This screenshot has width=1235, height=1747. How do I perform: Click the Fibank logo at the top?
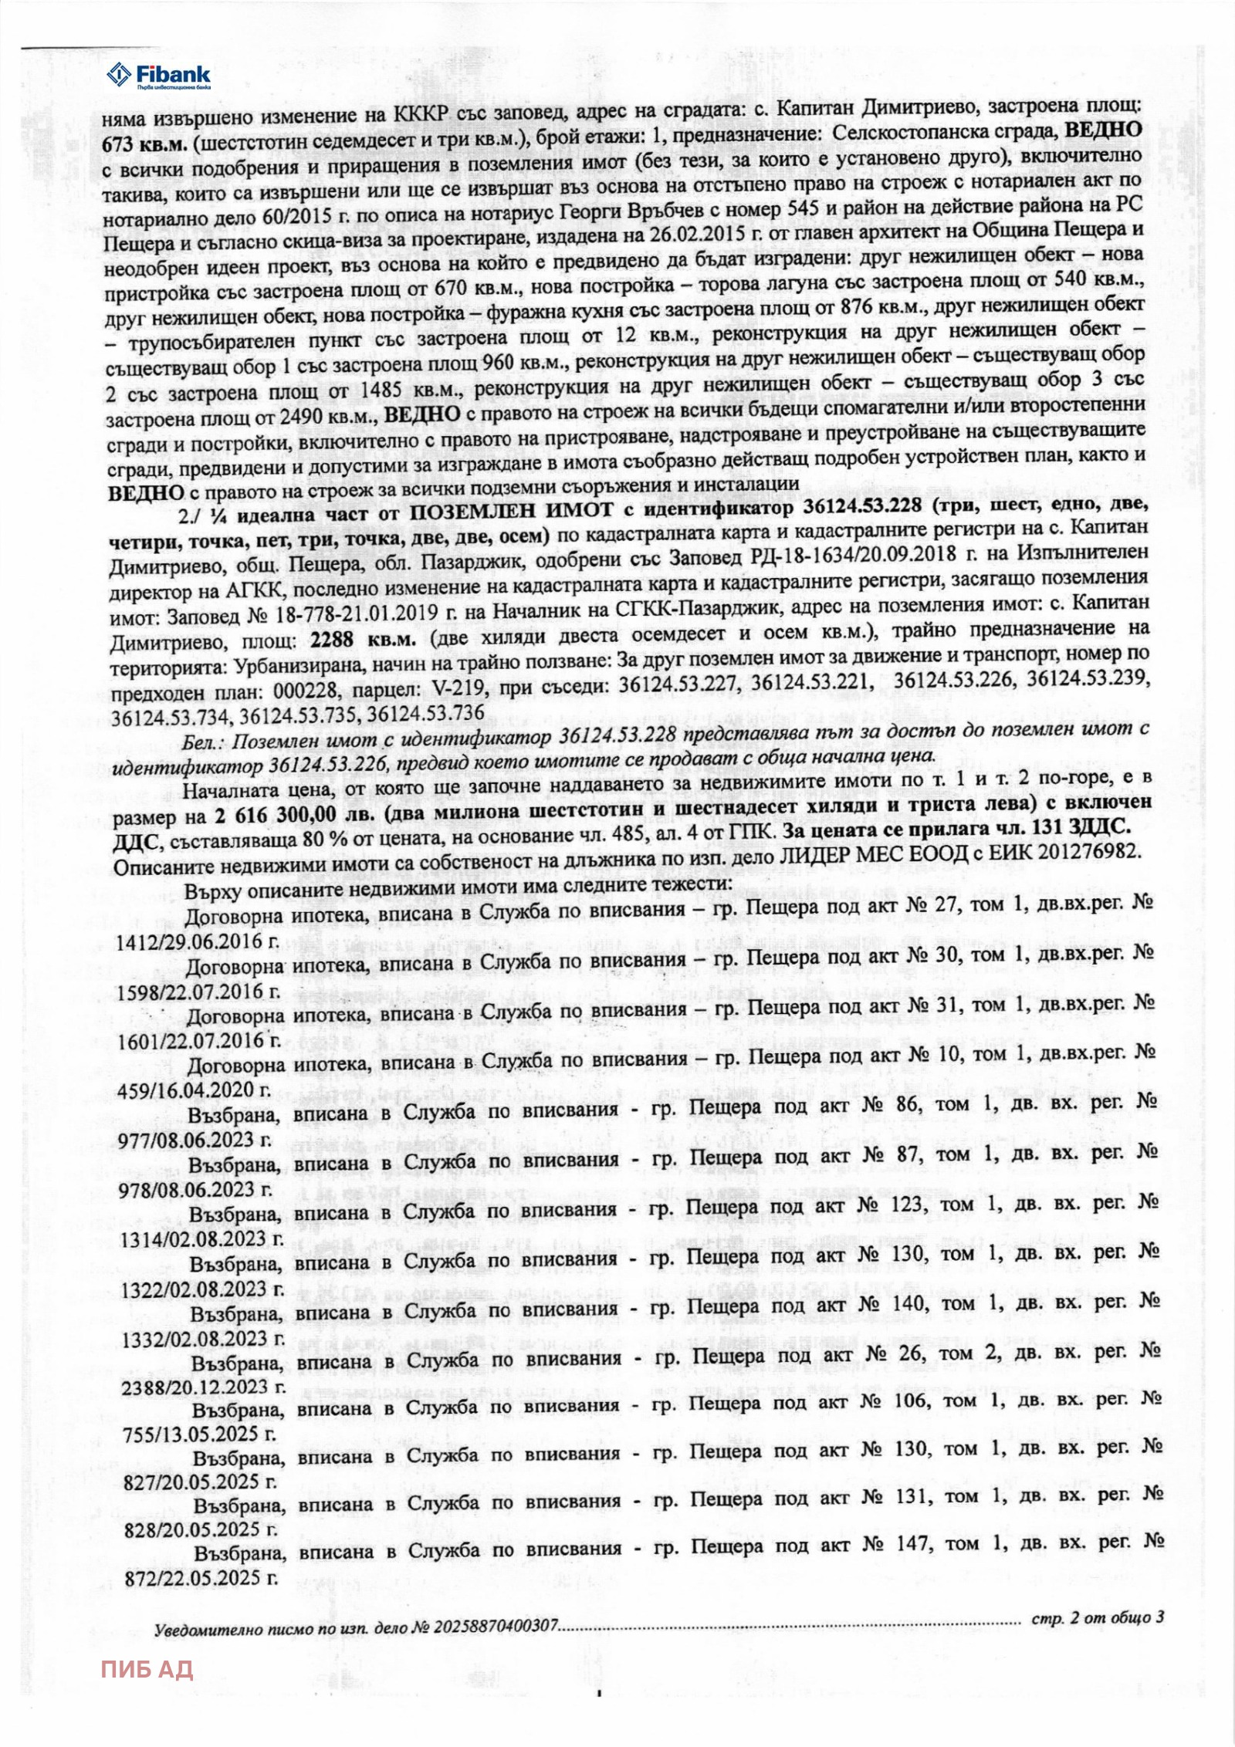click(158, 76)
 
